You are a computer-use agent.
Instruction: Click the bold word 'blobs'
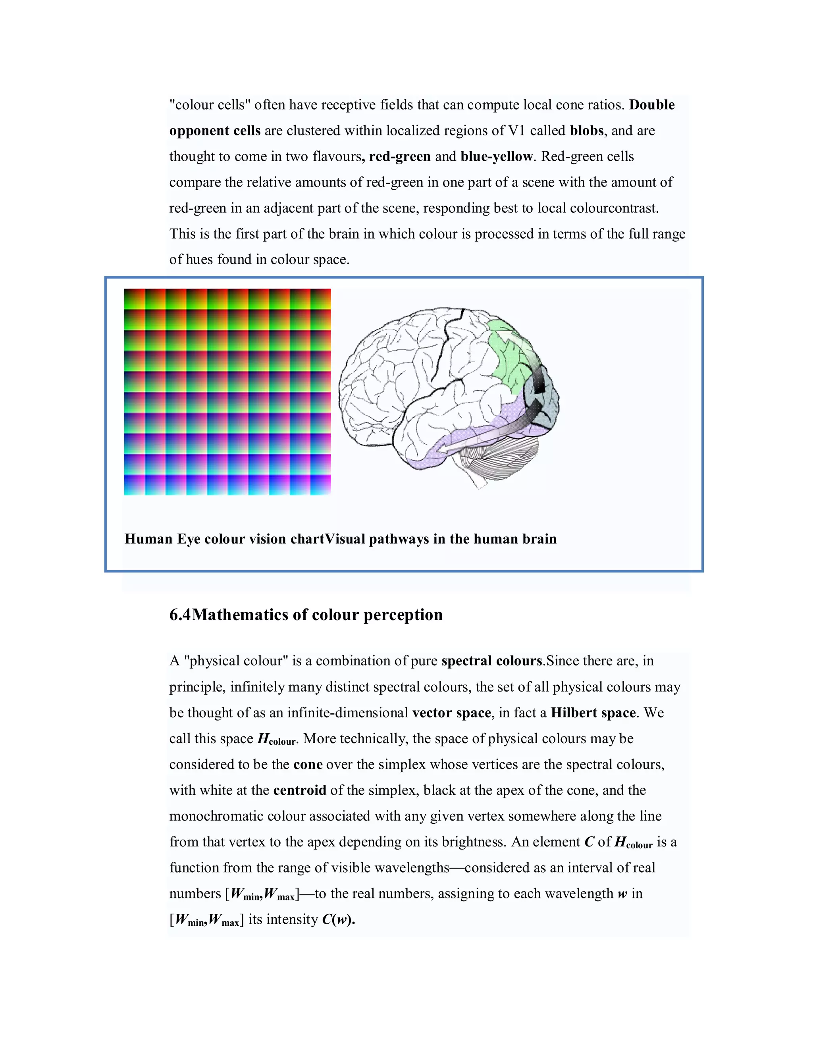point(586,131)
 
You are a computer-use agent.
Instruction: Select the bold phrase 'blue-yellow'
point(497,156)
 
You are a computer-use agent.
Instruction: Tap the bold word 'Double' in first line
point(652,105)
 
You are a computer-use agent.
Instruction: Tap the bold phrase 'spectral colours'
point(492,661)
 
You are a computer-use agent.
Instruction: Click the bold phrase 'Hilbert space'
point(593,713)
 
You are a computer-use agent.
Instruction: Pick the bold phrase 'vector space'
point(451,713)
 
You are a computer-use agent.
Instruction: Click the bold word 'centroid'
point(300,790)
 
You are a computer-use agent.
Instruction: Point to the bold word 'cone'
point(308,765)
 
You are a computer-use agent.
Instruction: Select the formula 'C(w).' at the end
point(338,919)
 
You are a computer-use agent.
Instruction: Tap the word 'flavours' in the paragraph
point(337,156)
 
